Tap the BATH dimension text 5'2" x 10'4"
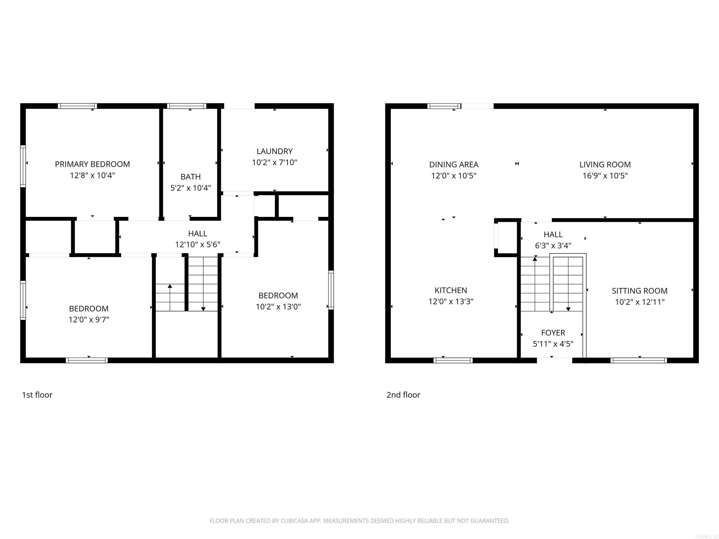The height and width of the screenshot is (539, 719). [191, 188]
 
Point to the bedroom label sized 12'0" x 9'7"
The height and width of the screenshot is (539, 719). [89, 308]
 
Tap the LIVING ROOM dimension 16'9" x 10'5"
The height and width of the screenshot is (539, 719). [605, 175]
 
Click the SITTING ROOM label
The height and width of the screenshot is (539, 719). [639, 291]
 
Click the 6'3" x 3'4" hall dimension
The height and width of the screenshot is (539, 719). [553, 245]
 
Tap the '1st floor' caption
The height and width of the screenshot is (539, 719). [37, 395]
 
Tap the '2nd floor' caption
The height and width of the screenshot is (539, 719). [403, 395]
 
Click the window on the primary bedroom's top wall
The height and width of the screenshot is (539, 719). [77, 106]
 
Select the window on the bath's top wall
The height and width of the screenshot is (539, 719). [187, 106]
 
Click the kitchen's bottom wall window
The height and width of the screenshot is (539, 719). [453, 360]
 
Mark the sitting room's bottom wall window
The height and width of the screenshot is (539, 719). [638, 360]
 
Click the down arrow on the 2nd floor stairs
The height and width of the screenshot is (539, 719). [568, 309]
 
